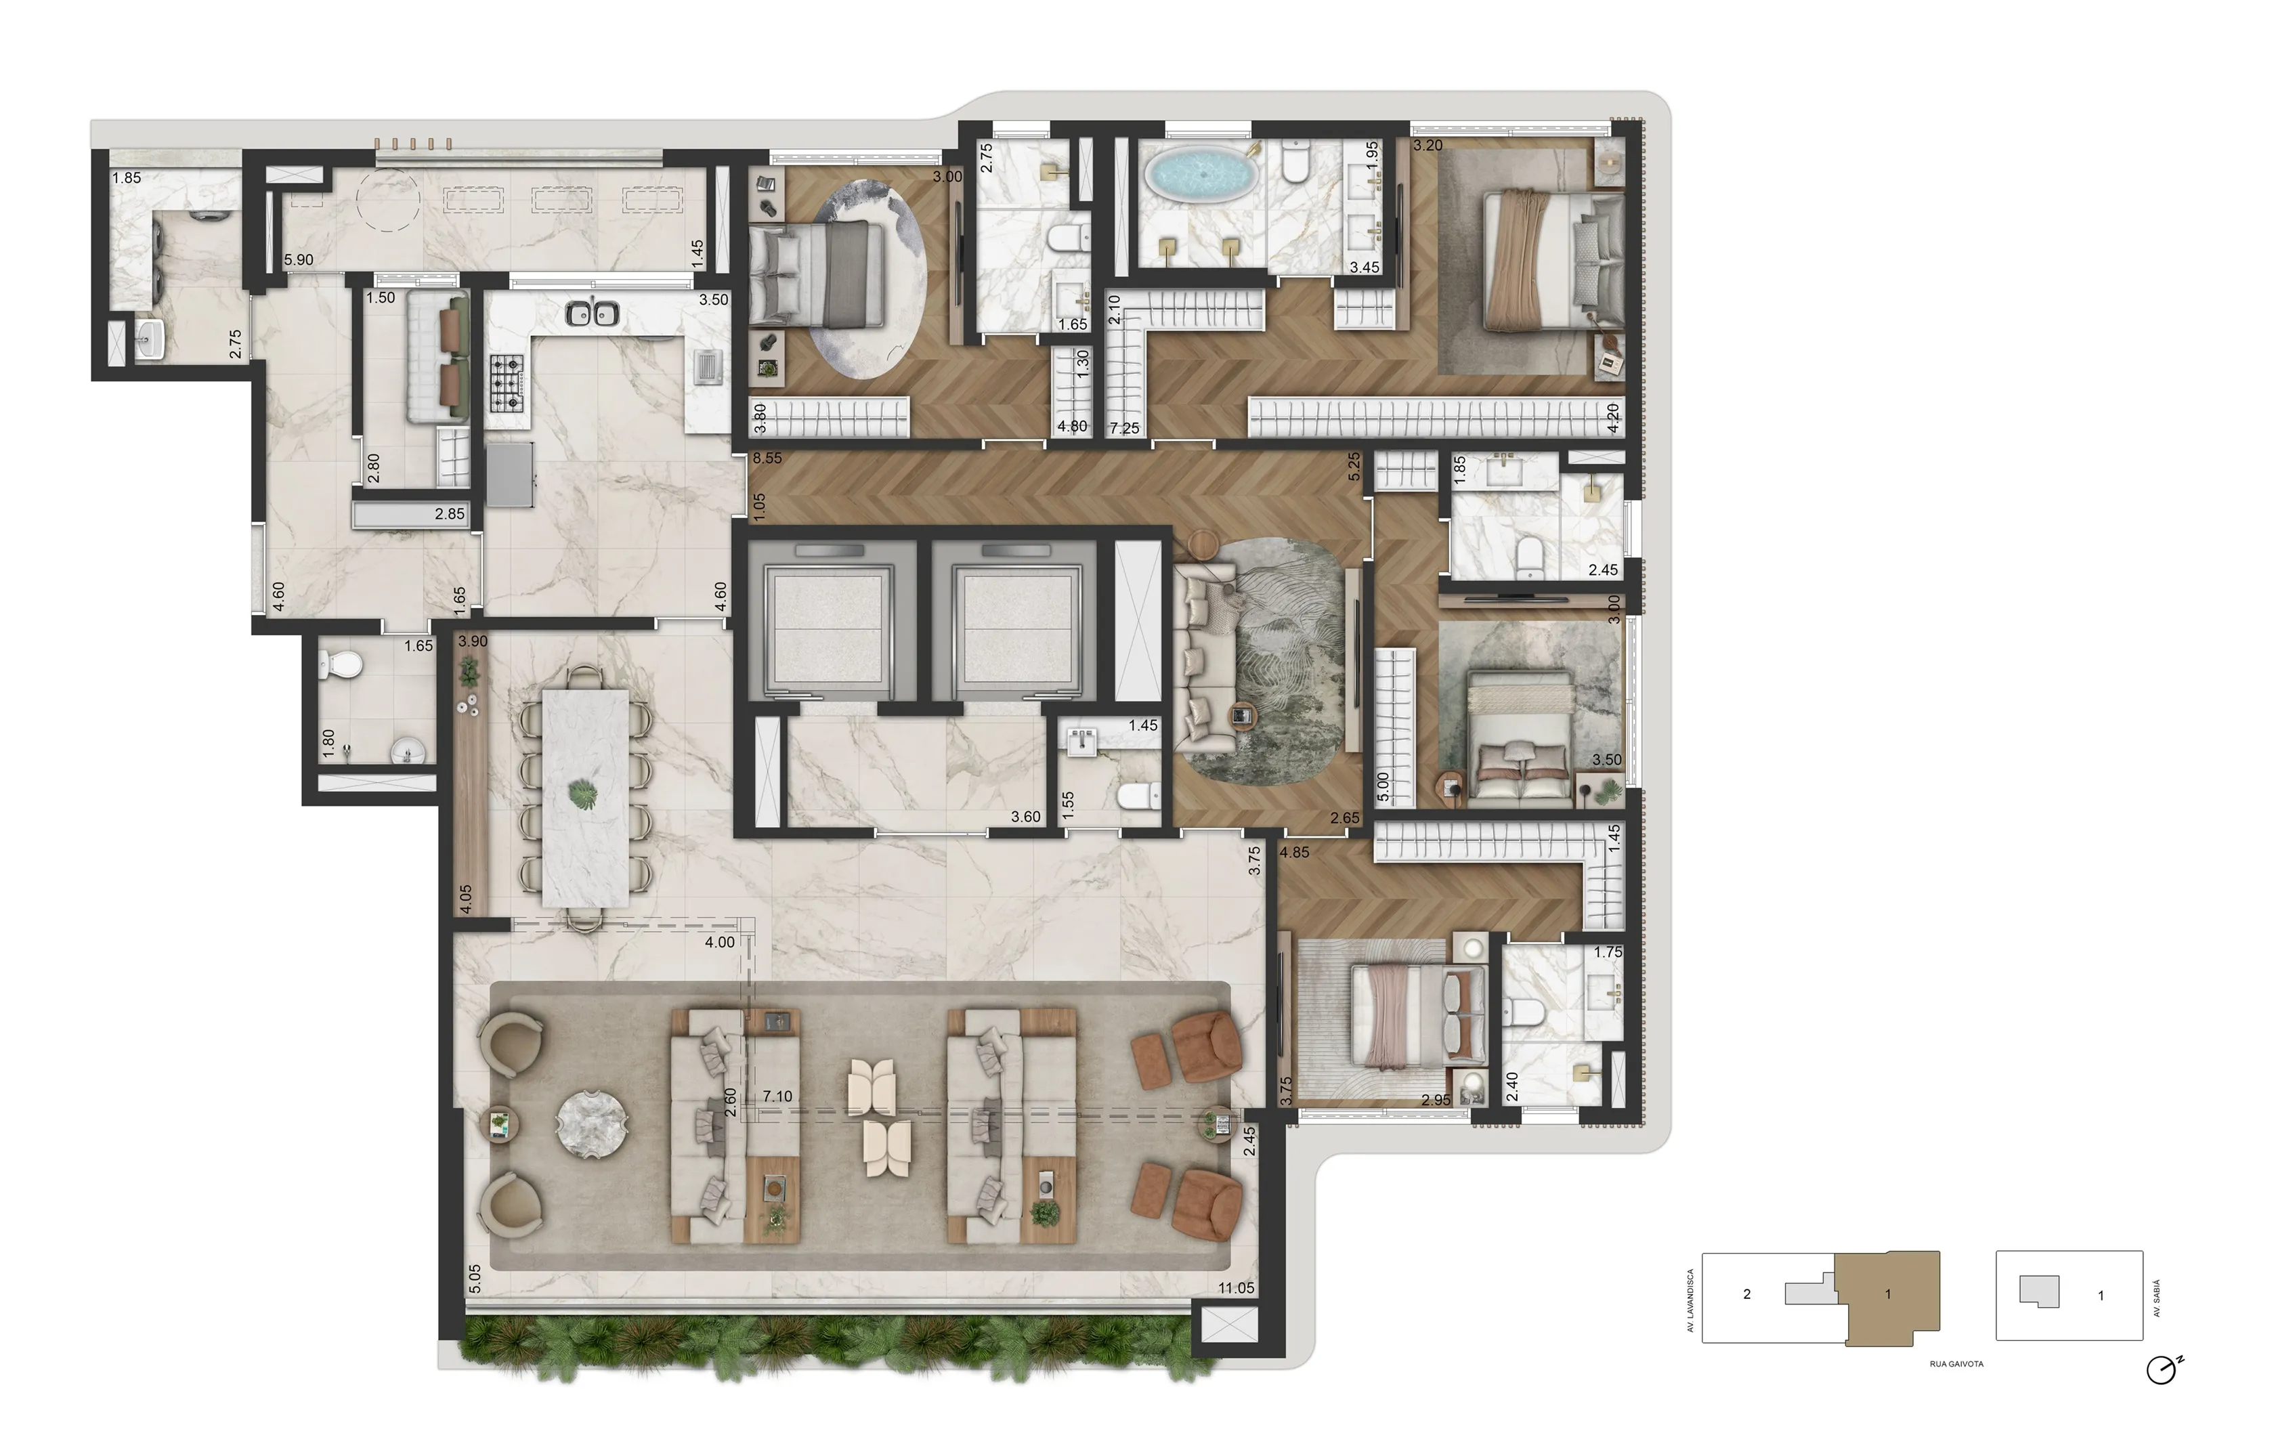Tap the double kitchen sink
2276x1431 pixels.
coord(592,312)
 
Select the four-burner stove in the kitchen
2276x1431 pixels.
coord(506,383)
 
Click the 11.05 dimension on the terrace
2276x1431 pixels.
coord(1235,1288)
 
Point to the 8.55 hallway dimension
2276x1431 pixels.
coord(767,458)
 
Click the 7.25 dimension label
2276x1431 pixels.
coord(1124,428)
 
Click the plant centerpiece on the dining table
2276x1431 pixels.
coord(582,796)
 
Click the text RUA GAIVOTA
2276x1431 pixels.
coord(1956,1364)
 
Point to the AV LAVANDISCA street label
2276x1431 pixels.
coord(1690,1300)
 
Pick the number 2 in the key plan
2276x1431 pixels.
coord(1746,1294)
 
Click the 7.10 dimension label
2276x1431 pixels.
coord(777,1096)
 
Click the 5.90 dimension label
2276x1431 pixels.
coord(299,260)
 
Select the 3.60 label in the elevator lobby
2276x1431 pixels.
coord(1025,817)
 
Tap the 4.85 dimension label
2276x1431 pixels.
coord(1294,853)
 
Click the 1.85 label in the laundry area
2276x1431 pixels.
coord(127,177)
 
